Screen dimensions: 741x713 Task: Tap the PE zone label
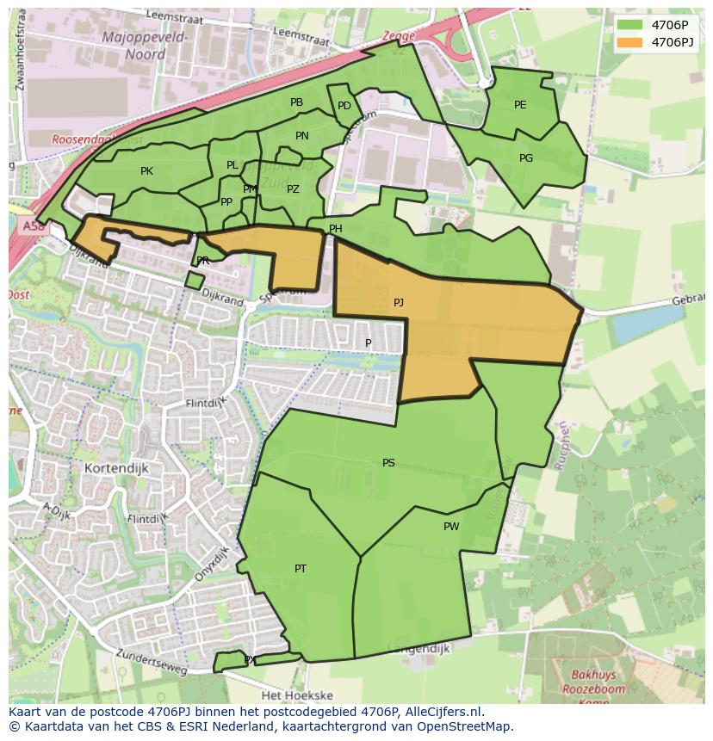(520, 105)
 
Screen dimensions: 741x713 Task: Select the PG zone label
(526, 158)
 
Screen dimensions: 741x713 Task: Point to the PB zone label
(296, 102)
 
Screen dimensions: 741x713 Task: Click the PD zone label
(344, 106)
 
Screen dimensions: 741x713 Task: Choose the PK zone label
(146, 171)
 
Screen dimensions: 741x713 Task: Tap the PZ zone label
(293, 189)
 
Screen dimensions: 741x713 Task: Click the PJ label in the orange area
(398, 303)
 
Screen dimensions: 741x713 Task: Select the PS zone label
(388, 463)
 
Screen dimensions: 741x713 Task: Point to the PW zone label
(451, 527)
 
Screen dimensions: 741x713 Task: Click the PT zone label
(301, 569)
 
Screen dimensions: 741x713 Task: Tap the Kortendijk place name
(117, 468)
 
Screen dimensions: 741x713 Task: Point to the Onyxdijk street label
(212, 564)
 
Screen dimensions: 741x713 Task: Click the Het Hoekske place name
(291, 695)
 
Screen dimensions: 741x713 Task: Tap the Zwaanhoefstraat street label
(15, 43)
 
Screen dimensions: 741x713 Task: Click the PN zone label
(301, 136)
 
